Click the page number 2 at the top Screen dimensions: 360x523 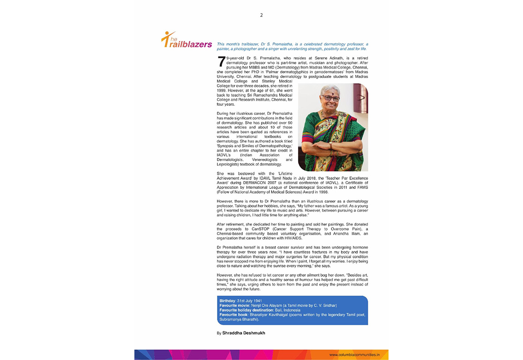tap(261, 15)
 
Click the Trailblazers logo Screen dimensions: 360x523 tap(187, 41)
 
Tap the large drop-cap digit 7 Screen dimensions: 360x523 tap(221, 63)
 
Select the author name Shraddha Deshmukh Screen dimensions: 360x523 tap(243, 333)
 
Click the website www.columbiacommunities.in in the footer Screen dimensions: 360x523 tap(354, 354)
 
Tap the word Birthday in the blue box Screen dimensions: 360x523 tap(227, 301)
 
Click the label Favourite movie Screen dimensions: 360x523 tap(234, 306)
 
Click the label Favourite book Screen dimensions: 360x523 tap(233, 315)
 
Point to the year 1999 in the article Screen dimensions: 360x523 tap(222, 90)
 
